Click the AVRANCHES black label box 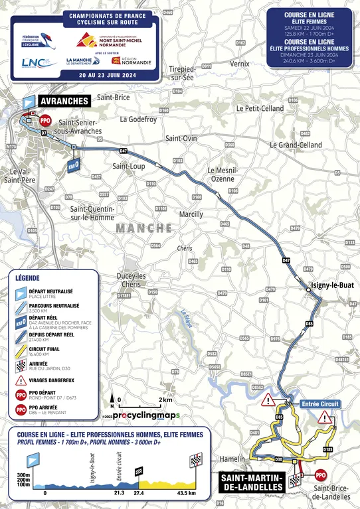click(x=64, y=100)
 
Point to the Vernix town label click(x=240, y=64)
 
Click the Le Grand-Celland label click(x=295, y=144)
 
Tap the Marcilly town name click(x=191, y=214)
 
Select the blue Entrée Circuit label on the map click(x=320, y=403)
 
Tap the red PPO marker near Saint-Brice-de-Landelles click(x=321, y=475)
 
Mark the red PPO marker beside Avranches click(x=45, y=121)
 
